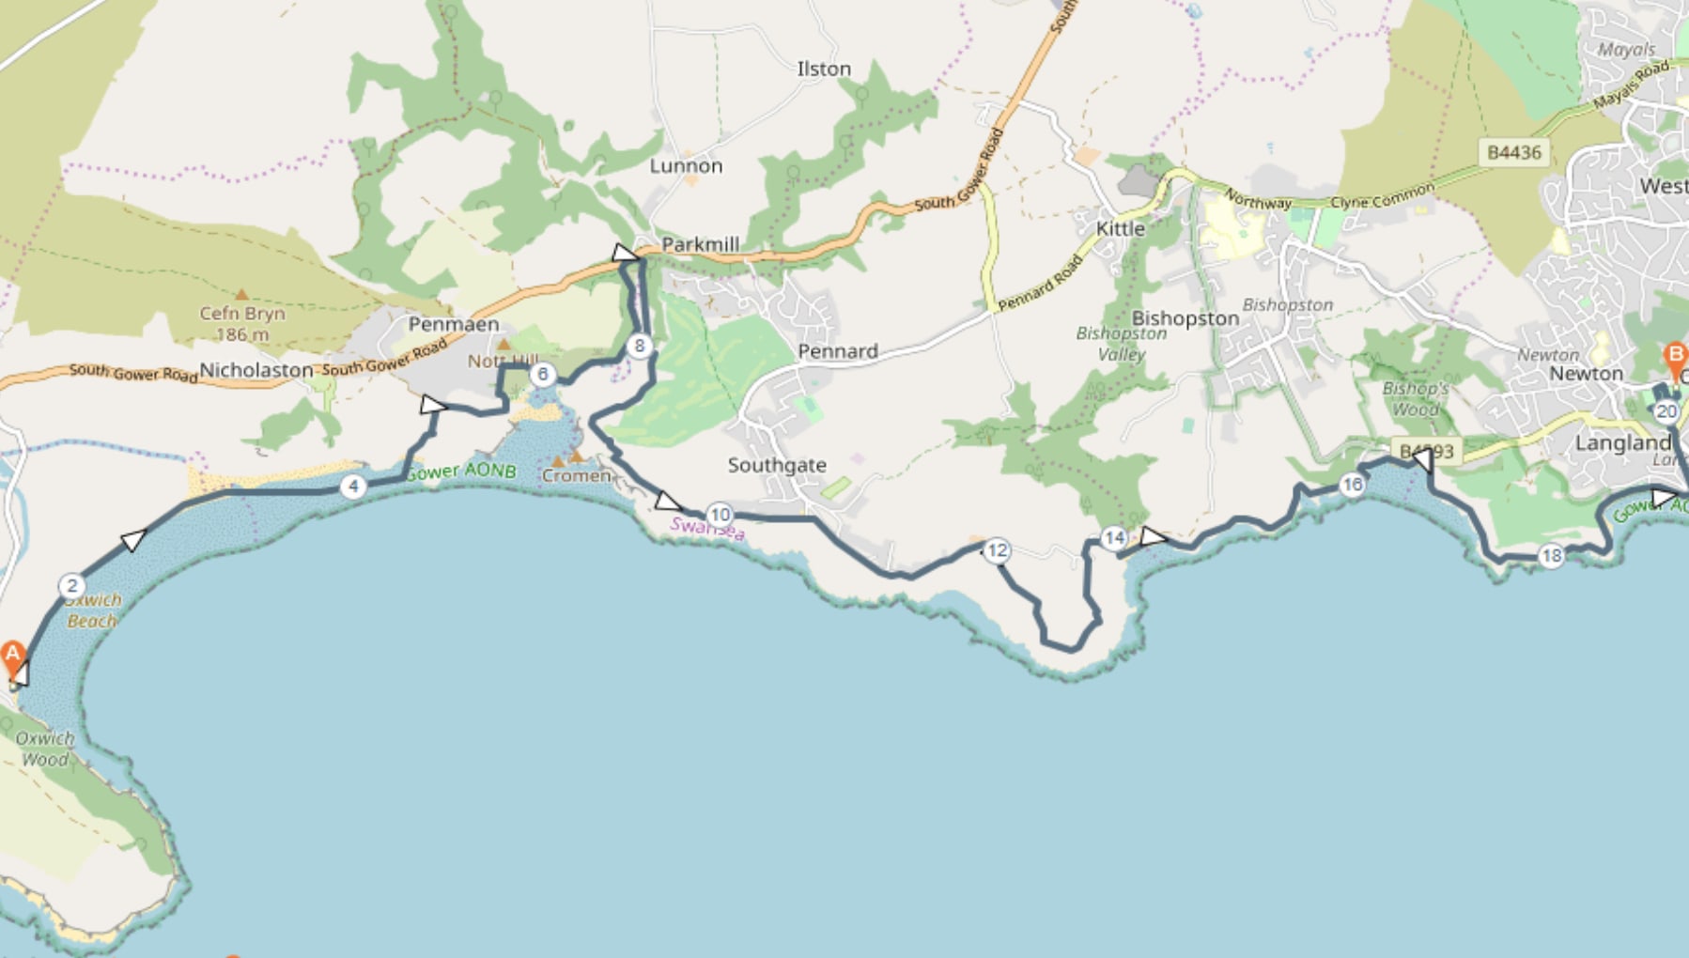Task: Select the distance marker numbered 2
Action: [x=72, y=586]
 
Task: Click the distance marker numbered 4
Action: [x=353, y=487]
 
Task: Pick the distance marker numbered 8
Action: [x=640, y=346]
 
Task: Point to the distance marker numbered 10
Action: [x=720, y=515]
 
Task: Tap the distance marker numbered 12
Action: [x=997, y=550]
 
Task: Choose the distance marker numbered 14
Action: [x=1114, y=538]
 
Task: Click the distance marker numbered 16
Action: [x=1352, y=485]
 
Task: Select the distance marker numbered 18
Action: [x=1552, y=556]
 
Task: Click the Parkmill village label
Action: [x=700, y=244]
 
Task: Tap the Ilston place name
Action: [x=824, y=69]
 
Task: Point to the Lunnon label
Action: [x=686, y=166]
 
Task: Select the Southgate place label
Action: [x=777, y=465]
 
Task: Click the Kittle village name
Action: [x=1121, y=228]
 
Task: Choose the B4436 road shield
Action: [x=1514, y=152]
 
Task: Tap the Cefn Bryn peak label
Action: [x=241, y=314]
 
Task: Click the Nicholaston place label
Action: [x=256, y=370]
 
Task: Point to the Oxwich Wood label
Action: [x=45, y=749]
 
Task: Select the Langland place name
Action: [x=1622, y=442]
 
